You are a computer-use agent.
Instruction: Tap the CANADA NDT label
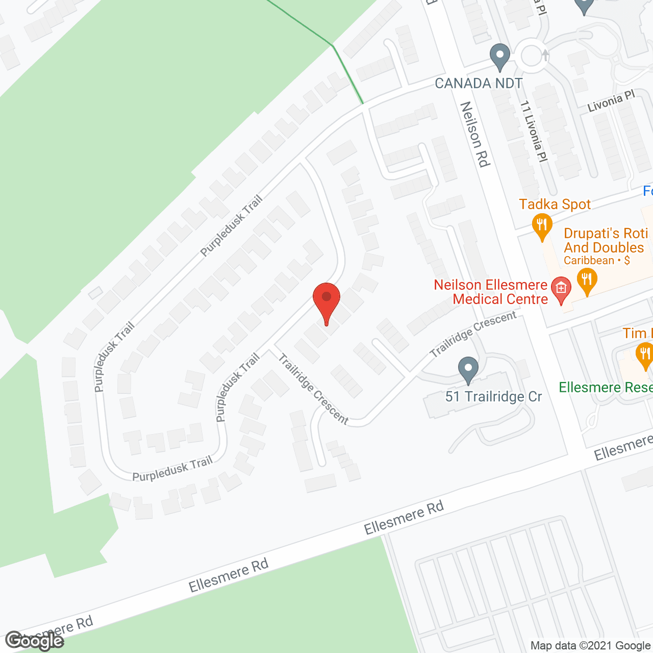click(x=478, y=83)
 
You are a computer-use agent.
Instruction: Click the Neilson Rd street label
click(x=475, y=134)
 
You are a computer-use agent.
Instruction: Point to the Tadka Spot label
click(x=555, y=205)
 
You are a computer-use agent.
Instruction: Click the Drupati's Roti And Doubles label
click(x=605, y=240)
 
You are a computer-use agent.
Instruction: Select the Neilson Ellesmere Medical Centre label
click(x=491, y=292)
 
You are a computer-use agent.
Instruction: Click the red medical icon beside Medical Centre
click(x=561, y=289)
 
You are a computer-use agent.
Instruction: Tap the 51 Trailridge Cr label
click(x=493, y=397)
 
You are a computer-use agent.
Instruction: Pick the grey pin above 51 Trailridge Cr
click(x=468, y=369)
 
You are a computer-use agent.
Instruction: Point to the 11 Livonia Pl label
click(x=534, y=132)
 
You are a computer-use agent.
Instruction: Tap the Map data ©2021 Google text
click(x=590, y=646)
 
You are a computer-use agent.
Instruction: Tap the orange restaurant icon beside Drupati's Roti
click(x=587, y=281)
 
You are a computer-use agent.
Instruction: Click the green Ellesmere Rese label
click(x=606, y=388)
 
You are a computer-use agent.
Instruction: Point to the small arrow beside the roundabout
click(x=545, y=55)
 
